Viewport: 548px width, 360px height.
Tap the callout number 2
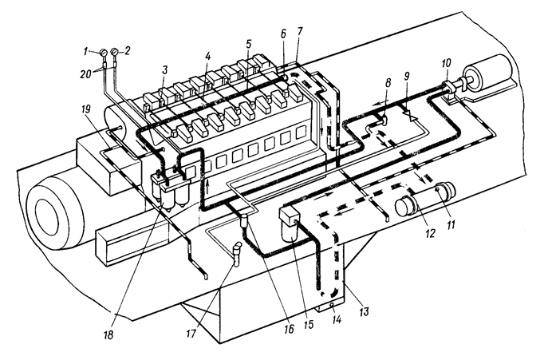point(127,51)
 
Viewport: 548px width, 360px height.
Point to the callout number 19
point(85,109)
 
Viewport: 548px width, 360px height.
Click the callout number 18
point(108,335)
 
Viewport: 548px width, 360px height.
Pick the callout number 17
point(191,334)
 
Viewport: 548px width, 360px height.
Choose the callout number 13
point(364,311)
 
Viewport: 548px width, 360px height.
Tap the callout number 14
point(337,319)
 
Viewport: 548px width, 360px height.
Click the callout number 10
point(447,63)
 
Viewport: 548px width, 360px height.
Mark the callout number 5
point(248,45)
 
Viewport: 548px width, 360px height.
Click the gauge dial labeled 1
point(104,53)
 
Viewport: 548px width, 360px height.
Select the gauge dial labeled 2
point(114,52)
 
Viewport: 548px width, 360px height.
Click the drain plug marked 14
point(331,305)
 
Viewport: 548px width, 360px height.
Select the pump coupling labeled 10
point(448,88)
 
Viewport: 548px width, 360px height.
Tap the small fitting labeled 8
point(383,121)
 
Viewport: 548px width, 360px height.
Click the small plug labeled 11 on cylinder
point(437,189)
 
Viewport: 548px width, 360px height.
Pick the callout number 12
point(430,232)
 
